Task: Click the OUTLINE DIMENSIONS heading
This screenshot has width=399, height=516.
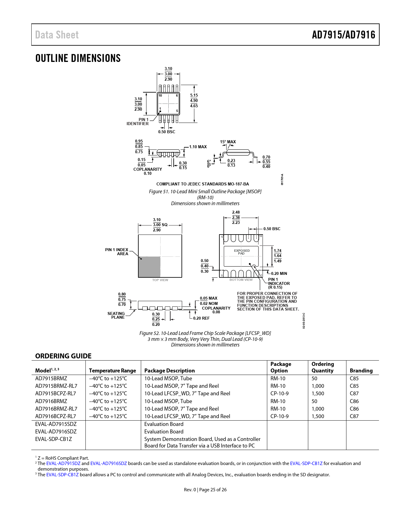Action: click(78, 58)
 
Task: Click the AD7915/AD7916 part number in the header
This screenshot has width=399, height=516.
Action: click(343, 35)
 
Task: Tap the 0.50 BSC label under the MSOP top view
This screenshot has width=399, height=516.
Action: click(166, 132)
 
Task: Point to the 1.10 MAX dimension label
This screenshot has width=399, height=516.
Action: click(198, 147)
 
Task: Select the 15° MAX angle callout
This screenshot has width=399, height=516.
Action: click(228, 142)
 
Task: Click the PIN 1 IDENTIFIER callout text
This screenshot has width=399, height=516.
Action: click(138, 122)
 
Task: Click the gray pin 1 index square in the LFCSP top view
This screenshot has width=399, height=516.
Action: click(149, 267)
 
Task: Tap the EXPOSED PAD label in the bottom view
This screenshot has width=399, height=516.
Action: click(242, 252)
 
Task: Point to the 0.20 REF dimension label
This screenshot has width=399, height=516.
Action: click(201, 318)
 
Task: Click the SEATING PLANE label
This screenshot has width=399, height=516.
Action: click(116, 316)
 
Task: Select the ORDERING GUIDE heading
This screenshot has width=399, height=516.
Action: click(63, 356)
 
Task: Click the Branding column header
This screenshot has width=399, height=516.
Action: click(361, 371)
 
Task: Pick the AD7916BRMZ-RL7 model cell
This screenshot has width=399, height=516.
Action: click(56, 409)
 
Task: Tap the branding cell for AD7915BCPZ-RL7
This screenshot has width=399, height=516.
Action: click(354, 393)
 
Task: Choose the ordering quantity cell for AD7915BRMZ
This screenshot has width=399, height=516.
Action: click(315, 378)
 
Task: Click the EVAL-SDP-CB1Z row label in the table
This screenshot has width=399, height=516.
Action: click(54, 439)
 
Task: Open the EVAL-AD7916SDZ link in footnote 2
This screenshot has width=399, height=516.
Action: click(109, 463)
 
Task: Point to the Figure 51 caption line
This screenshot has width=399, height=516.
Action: click(205, 192)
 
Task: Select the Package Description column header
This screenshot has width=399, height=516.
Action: click(169, 371)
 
